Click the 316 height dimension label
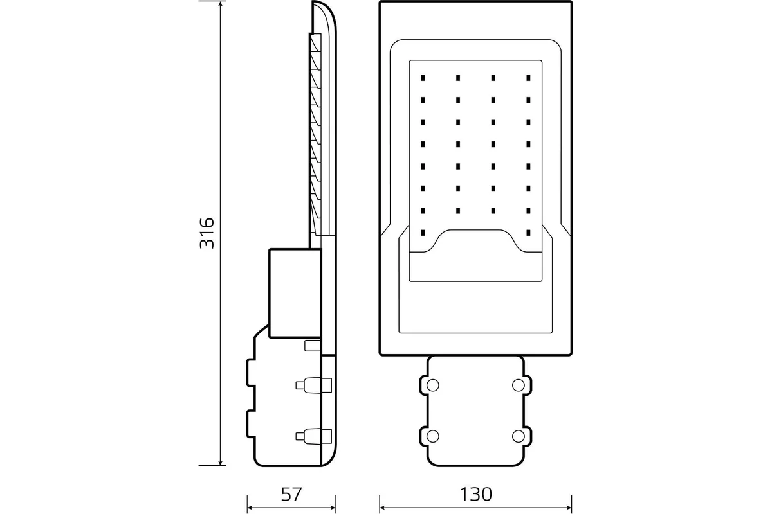[206, 233]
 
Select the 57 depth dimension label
[291, 494]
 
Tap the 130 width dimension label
[475, 494]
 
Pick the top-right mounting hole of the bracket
[518, 385]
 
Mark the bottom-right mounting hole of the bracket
[518, 436]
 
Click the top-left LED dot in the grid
[423, 78]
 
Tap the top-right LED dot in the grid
[528, 78]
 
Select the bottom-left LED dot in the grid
[423, 232]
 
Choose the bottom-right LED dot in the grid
[528, 232]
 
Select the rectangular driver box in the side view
[294, 292]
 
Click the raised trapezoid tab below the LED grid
[475, 241]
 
